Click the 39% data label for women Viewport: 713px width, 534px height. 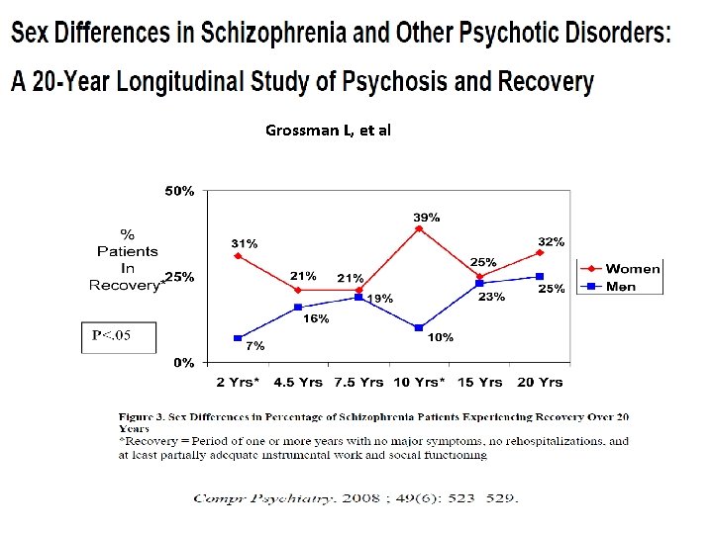[x=427, y=217]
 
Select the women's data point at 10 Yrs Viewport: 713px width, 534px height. [x=419, y=228]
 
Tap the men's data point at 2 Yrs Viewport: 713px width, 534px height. [x=238, y=338]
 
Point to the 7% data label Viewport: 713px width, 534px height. [x=255, y=346]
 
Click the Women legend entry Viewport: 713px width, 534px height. [x=632, y=269]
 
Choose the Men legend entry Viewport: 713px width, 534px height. [x=621, y=287]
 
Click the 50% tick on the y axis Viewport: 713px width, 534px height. [x=179, y=191]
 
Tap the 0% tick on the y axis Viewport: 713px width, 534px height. [x=184, y=363]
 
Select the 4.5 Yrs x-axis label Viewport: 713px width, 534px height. [x=298, y=382]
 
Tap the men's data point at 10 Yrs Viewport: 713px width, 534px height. [x=419, y=327]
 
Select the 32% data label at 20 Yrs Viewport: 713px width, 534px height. [x=552, y=241]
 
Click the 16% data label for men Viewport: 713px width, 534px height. [x=316, y=318]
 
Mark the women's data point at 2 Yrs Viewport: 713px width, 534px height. [x=238, y=256]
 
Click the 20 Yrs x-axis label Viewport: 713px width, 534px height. [x=541, y=382]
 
